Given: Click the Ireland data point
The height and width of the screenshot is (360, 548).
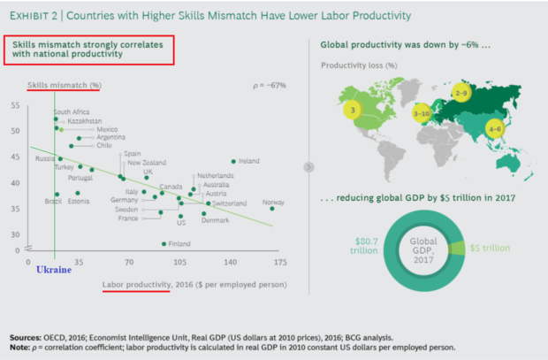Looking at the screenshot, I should pos(233,162).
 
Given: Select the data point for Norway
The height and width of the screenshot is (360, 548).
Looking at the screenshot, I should pos(271,209).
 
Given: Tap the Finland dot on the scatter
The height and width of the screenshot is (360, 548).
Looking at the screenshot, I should pos(164,243).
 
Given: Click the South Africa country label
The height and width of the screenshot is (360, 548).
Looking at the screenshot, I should pos(72,112).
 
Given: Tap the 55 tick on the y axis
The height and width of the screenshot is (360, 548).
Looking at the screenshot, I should pos(15,106).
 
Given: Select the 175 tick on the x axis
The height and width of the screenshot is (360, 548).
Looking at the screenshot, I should pos(281,263).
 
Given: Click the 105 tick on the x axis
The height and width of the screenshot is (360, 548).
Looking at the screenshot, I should pos(179,263).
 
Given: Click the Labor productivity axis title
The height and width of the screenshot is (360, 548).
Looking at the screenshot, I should pos(136,285).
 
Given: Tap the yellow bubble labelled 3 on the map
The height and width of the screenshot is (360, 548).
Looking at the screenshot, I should pos(353,111).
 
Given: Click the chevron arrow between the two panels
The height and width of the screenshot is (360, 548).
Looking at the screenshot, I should pos(307,165).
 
